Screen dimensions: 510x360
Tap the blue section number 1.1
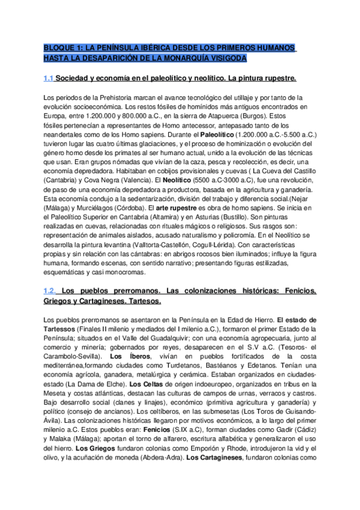(x=49, y=79)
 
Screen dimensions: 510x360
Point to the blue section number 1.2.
(x=50, y=290)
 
